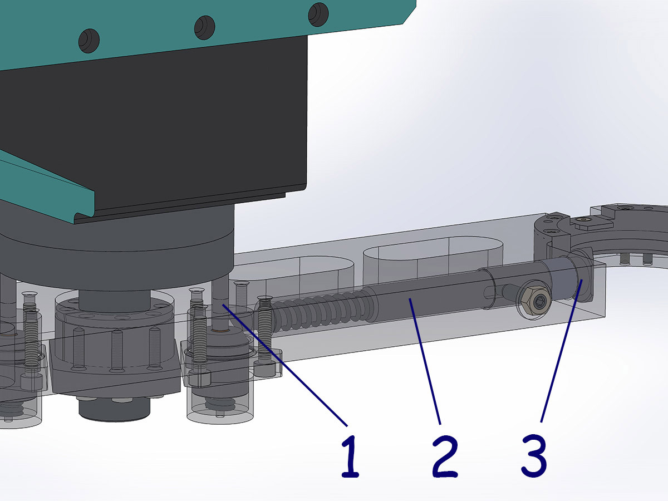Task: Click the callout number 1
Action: coord(350,456)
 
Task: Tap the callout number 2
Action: coord(445,456)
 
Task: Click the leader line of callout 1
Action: coord(285,365)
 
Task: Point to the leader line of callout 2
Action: coord(425,361)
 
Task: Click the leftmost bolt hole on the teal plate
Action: coord(89,41)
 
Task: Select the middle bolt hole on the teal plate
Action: coord(204,27)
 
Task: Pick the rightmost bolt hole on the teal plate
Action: coord(318,14)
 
